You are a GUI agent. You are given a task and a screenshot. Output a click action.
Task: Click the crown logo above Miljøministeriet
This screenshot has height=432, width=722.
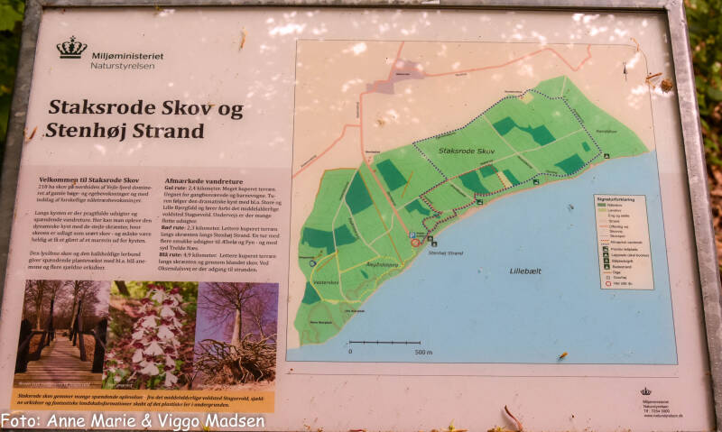tap(71, 47)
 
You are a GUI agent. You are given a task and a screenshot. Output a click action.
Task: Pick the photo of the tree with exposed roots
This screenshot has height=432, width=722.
tap(237, 334)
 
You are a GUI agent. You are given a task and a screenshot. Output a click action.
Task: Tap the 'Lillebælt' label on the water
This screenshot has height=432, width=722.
tap(529, 270)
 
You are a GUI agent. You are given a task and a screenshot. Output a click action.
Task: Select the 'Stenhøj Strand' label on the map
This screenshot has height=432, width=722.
tap(443, 253)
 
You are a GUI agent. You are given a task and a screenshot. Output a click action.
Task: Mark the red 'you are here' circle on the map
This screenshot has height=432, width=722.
tap(415, 242)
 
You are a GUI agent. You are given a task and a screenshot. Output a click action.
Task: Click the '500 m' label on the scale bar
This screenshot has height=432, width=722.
tap(423, 352)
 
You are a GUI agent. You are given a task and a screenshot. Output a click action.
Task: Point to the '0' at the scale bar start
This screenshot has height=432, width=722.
tap(350, 352)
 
